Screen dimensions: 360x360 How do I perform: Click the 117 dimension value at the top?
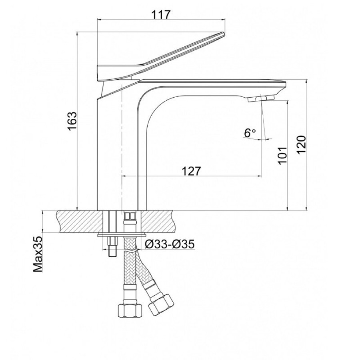161,15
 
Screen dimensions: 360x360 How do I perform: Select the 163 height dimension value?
72,121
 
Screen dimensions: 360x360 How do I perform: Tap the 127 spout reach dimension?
192,171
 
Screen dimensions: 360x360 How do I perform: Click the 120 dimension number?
301,145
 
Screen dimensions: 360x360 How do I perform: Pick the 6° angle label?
250,133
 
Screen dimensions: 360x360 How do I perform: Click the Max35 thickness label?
38,254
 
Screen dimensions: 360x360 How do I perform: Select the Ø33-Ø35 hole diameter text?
170,244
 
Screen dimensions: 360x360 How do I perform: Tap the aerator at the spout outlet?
261,98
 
